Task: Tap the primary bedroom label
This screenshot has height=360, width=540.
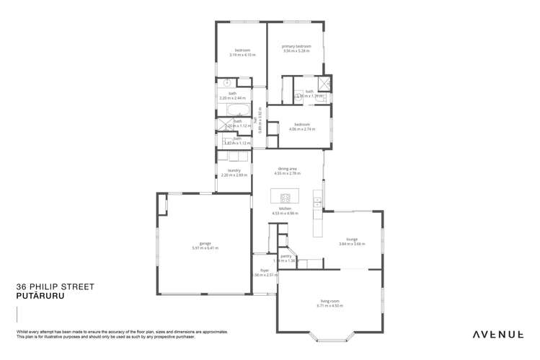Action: pos(296,47)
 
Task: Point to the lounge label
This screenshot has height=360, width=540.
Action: pos(353,239)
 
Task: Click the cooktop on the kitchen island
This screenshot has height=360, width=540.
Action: pos(285,198)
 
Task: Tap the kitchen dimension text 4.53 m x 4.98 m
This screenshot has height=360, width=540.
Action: pos(286,214)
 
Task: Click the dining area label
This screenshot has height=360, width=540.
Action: pos(287,169)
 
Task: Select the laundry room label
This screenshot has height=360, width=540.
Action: pos(234,170)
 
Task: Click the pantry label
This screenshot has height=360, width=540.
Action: pos(286,255)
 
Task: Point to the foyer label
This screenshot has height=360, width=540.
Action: pos(264,271)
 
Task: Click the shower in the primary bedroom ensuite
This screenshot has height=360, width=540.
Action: pos(324,83)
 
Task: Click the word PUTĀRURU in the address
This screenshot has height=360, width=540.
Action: pos(35,294)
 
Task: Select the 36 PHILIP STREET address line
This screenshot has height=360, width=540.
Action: pos(55,286)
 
